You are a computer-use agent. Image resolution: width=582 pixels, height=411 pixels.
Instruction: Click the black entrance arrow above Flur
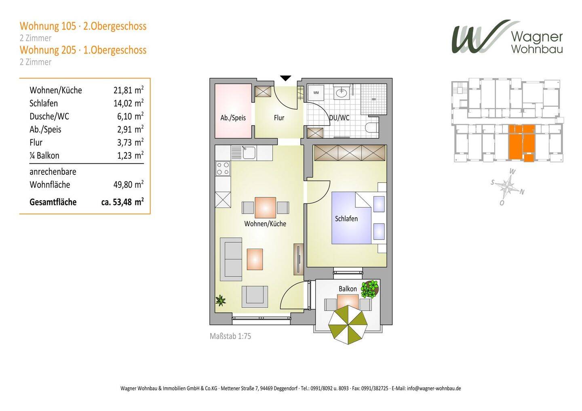pyautogui.click(x=285, y=78)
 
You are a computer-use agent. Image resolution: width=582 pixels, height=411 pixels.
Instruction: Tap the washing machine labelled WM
pyautogui.click(x=316, y=92)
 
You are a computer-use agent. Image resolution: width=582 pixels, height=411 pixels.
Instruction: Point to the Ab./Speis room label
pyautogui.click(x=233, y=118)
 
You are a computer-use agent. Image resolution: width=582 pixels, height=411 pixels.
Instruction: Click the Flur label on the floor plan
pyautogui.click(x=279, y=118)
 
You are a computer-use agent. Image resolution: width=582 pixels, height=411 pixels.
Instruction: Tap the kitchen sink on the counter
pyautogui.click(x=249, y=153)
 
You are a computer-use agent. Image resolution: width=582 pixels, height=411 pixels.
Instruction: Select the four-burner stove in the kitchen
pyautogui.click(x=223, y=168)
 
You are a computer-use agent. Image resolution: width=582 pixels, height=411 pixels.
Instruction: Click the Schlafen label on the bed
pyautogui.click(x=346, y=219)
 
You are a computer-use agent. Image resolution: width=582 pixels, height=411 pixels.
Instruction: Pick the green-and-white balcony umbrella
pyautogui.click(x=348, y=325)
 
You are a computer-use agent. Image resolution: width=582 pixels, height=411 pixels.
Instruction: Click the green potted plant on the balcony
pyautogui.click(x=370, y=289)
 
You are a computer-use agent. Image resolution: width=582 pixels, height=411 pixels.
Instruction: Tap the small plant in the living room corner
pyautogui.click(x=221, y=300)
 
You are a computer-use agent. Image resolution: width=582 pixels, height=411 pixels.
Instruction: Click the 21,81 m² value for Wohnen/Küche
pyautogui.click(x=129, y=90)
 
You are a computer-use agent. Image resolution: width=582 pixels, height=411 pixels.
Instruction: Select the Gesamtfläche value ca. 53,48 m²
pyautogui.click(x=122, y=202)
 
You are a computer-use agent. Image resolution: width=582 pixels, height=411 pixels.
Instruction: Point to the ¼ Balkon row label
pyautogui.click(x=44, y=155)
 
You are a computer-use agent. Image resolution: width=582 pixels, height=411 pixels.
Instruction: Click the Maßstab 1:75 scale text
pyautogui.click(x=230, y=336)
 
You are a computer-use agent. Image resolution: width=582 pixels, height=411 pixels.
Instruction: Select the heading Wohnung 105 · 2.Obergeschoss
pyautogui.click(x=83, y=26)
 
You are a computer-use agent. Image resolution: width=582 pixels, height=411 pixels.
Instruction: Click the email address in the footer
pyautogui.click(x=434, y=388)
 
